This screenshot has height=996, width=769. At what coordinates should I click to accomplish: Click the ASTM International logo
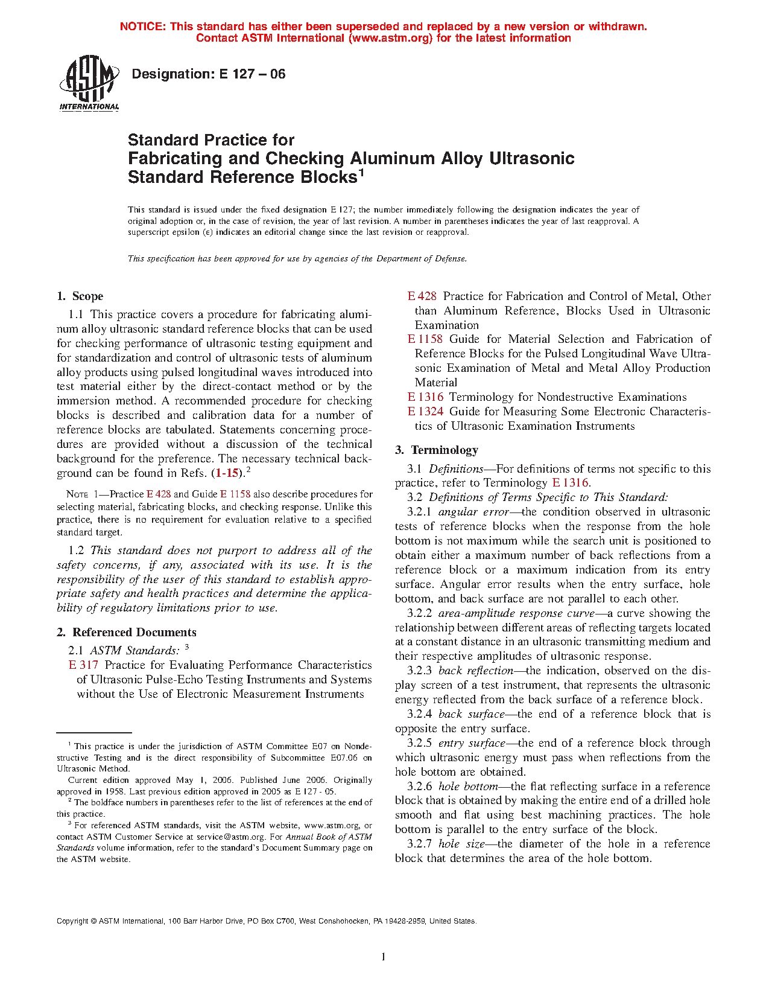(x=89, y=83)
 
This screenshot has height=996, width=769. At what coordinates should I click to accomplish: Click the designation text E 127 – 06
(x=208, y=74)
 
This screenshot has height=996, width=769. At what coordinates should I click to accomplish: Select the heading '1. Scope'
(x=80, y=296)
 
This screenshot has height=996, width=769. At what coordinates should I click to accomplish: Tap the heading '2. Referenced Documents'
(x=127, y=633)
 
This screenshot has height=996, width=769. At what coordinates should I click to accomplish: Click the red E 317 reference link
(x=83, y=665)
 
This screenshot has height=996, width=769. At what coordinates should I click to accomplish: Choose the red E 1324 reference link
(x=425, y=412)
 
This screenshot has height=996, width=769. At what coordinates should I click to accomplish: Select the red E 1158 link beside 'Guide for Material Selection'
(x=425, y=339)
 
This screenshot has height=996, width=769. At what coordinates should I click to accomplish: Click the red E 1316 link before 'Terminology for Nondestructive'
(x=425, y=397)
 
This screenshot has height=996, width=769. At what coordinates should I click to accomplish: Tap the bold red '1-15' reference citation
(x=228, y=473)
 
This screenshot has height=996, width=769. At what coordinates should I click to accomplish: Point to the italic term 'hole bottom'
(x=468, y=787)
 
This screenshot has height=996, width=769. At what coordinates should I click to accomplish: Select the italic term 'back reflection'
(x=475, y=671)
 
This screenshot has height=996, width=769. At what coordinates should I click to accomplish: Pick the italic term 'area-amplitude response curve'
(x=516, y=613)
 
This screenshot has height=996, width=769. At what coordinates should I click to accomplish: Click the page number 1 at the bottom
(x=384, y=956)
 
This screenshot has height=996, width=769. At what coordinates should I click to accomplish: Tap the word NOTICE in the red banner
(x=142, y=27)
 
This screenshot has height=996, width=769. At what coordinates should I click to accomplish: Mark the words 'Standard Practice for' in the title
(x=211, y=140)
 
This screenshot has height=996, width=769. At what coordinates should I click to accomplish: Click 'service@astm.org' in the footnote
(x=231, y=837)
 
